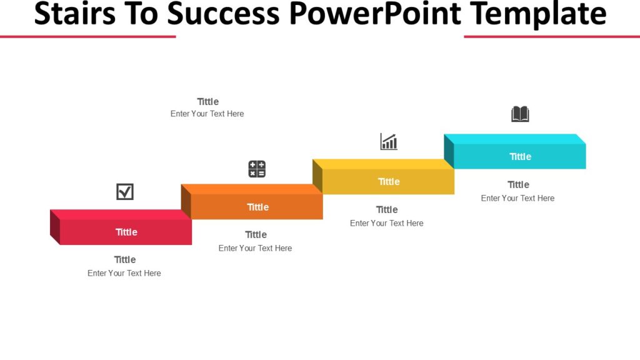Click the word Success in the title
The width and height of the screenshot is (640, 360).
[x=231, y=14]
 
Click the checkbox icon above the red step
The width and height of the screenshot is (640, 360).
[x=125, y=192]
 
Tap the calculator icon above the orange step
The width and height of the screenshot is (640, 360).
[x=257, y=169]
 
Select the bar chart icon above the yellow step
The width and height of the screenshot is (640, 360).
[x=389, y=142]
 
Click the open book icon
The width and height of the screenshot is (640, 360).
[x=520, y=114]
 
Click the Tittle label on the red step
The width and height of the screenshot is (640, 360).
[x=126, y=232]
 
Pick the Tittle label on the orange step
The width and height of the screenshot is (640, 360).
[x=257, y=207]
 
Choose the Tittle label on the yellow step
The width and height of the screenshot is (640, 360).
[x=389, y=181]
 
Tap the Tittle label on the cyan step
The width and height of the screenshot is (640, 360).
[x=520, y=156]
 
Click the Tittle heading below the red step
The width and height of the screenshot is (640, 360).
[x=125, y=259]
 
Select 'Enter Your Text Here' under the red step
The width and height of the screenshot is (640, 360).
[x=124, y=273]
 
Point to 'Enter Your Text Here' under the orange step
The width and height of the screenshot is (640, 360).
[x=255, y=248]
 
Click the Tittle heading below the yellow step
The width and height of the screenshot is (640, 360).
[x=387, y=209]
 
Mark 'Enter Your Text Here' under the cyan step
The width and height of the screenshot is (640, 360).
[x=517, y=198]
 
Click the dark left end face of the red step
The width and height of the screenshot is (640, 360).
[x=55, y=227]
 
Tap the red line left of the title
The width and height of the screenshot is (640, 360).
[x=87, y=36]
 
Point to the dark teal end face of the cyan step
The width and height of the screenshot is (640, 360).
[x=449, y=151]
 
